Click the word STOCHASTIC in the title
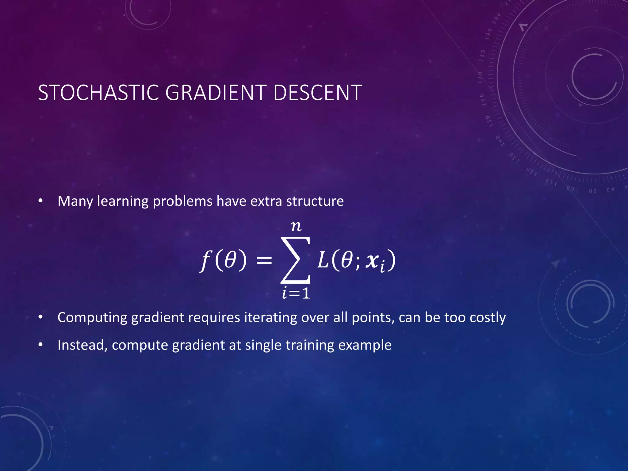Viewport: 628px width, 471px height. [x=98, y=93]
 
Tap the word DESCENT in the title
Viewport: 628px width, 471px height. [x=317, y=93]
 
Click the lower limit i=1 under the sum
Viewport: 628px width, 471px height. [x=296, y=293]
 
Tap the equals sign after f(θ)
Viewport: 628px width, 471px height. [x=264, y=261]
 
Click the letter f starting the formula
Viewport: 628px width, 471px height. [x=206, y=261]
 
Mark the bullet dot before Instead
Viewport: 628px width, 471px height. [x=40, y=345]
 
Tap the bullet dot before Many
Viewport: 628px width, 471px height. [x=40, y=201]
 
